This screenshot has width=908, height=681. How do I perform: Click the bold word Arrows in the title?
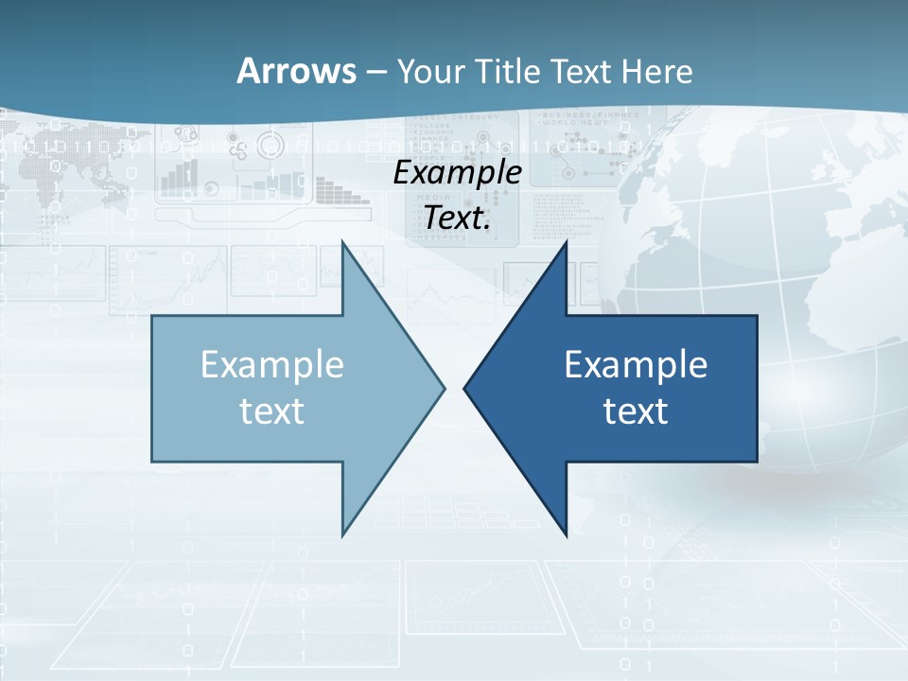[x=295, y=71]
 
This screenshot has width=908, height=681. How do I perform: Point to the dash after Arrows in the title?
[x=375, y=73]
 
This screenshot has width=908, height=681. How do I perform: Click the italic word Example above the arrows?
[x=457, y=173]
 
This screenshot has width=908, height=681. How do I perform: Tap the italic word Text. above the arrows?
[x=457, y=218]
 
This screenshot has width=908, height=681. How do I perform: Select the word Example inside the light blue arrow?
[x=272, y=365]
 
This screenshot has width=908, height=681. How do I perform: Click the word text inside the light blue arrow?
[x=272, y=410]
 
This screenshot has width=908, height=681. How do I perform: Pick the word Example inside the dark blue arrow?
[x=636, y=365]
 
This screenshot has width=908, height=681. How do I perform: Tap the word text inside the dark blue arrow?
[x=636, y=410]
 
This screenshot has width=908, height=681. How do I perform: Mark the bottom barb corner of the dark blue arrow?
[x=566, y=534]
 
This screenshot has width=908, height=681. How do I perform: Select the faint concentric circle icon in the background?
[x=271, y=147]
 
